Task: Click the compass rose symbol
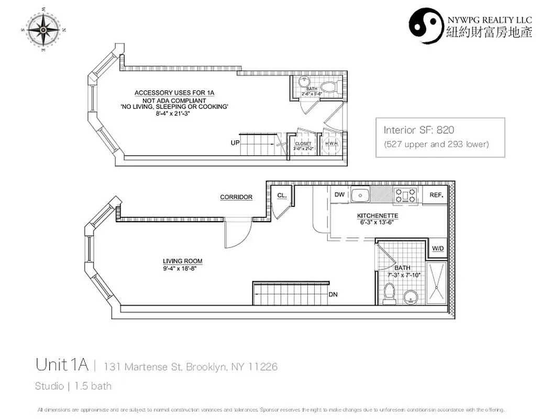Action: pos(43,29)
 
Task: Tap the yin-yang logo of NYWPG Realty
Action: pos(426,26)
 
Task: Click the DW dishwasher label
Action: pos(339,195)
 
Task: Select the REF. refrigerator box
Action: pos(436,195)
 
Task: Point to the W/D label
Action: pos(437,249)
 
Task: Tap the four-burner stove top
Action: pos(406,195)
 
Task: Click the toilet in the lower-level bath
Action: pos(389,293)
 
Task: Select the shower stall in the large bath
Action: pos(436,283)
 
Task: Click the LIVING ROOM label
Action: pos(182,261)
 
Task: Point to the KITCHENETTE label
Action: pos(378,216)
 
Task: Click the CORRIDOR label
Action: pos(236,197)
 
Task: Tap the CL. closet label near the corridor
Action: pos(282,195)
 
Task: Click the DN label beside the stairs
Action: pos(333,294)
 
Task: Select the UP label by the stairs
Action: pos(235,142)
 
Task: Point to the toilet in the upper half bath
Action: pos(328,87)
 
